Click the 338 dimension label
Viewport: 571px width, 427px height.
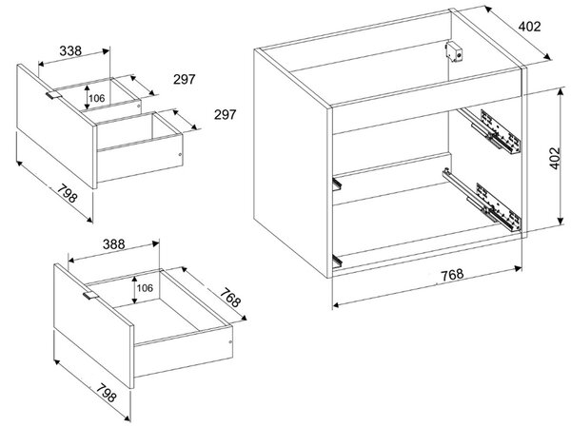point(70,50)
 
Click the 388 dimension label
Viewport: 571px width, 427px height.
point(113,243)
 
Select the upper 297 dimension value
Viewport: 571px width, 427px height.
point(185,79)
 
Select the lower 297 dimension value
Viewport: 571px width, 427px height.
point(225,115)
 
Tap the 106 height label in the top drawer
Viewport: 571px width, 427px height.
point(96,98)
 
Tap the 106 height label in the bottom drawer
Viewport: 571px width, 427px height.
point(145,288)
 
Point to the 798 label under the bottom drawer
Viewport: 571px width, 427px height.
point(106,391)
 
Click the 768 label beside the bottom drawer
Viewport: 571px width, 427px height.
point(230,297)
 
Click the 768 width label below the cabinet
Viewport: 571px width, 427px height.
point(452,275)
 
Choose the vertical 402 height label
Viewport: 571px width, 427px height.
point(554,158)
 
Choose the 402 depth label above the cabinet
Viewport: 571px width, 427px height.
point(529,27)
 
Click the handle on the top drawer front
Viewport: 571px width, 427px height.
point(53,95)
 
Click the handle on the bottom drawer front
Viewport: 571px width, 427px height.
point(90,296)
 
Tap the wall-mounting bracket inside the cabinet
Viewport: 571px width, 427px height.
point(454,51)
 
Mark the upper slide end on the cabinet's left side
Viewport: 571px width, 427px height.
point(337,184)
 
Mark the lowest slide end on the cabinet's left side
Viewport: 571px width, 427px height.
point(338,262)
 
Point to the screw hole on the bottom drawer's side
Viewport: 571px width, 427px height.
point(229,342)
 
